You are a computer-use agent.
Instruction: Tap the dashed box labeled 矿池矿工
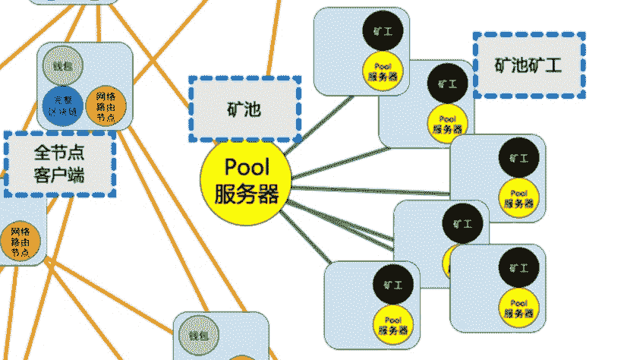[529, 65]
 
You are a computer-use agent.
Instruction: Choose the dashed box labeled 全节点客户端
[59, 164]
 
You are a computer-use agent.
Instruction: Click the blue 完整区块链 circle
[62, 106]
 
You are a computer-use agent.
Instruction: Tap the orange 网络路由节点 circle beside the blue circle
[106, 106]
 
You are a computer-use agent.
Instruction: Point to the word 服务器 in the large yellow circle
[247, 194]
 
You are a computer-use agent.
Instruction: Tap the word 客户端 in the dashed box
[59, 176]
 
